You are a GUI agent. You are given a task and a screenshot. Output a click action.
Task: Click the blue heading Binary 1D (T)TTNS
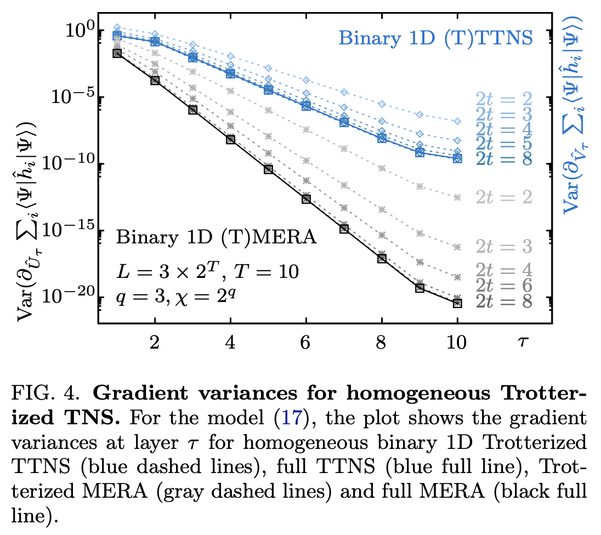[x=435, y=38]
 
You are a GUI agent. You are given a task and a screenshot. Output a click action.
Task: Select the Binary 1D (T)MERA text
[x=216, y=238]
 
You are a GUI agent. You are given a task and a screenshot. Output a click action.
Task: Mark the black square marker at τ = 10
[x=457, y=303]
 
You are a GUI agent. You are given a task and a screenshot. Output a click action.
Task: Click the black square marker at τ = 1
[x=117, y=53]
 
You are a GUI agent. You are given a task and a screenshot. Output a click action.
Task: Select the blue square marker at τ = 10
[x=457, y=158]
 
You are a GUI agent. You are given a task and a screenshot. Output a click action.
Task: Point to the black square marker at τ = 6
[x=306, y=199]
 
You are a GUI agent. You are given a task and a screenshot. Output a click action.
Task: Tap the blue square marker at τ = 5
[x=268, y=90]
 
